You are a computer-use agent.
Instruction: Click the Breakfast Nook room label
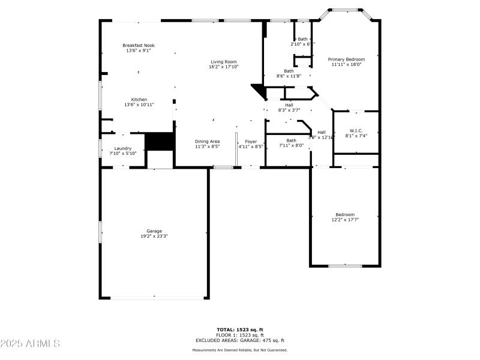(x=139, y=45)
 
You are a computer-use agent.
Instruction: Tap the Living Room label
(x=223, y=61)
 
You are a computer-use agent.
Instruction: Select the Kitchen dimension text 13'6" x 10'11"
(x=139, y=105)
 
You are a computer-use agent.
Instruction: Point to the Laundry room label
(x=122, y=148)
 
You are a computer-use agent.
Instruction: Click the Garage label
(x=154, y=231)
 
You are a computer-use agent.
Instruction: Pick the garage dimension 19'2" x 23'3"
(x=154, y=236)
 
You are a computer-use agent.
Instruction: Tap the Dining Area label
(x=207, y=142)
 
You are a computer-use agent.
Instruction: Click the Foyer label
(x=251, y=142)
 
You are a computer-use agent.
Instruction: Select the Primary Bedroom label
(x=346, y=59)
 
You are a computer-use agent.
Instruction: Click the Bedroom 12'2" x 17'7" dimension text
(x=344, y=220)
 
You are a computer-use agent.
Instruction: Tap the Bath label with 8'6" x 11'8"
(x=289, y=71)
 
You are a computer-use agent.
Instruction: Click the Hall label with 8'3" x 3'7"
(x=289, y=104)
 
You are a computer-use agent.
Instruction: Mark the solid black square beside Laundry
(x=160, y=142)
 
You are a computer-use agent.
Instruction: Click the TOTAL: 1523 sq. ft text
(x=240, y=329)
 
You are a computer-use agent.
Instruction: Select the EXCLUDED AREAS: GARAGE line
(x=240, y=340)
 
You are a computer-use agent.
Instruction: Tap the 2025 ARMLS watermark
(x=30, y=344)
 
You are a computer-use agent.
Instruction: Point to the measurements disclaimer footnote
(x=240, y=350)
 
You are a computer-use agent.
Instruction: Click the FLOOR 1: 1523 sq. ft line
(x=240, y=335)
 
